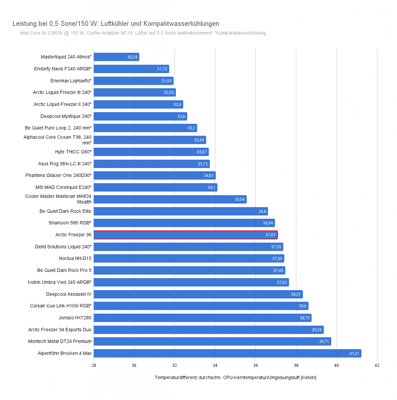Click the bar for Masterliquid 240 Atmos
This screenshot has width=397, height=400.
click(116, 57)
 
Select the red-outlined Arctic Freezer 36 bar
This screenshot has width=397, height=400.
click(186, 235)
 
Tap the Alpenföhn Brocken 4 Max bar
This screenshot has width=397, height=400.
click(227, 353)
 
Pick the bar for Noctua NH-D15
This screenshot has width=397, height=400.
click(189, 259)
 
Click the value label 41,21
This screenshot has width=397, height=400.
click(354, 353)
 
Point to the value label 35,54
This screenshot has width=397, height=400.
click(240, 199)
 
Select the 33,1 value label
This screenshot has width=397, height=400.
click(191, 128)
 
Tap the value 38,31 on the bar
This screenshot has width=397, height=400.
click(296, 294)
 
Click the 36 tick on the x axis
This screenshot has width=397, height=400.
click(255, 365)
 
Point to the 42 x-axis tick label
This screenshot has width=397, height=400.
click(377, 365)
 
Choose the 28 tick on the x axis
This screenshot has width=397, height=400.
click(94, 365)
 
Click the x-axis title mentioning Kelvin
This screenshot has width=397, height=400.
click(235, 377)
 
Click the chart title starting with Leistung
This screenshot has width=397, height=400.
click(116, 24)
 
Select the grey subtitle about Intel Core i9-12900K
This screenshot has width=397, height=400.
click(143, 33)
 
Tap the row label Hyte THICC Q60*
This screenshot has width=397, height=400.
click(73, 152)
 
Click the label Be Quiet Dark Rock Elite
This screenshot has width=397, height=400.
click(65, 211)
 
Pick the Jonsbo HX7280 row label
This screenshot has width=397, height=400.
click(75, 318)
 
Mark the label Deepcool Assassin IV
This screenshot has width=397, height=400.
click(69, 294)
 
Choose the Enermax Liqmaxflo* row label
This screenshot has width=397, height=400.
click(71, 80)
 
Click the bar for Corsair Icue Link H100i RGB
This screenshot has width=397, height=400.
click(201, 306)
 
